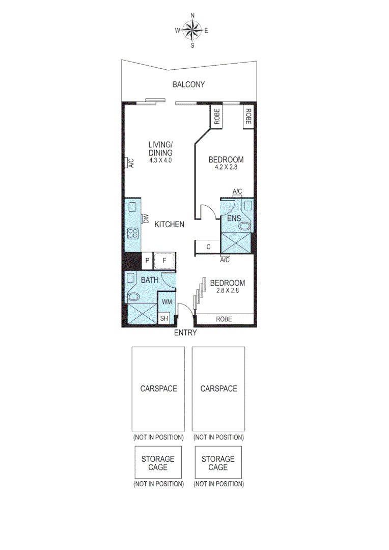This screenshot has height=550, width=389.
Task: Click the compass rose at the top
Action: pos(192,30)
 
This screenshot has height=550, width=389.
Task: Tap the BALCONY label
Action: pos(188,85)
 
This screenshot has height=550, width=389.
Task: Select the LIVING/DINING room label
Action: pos(160,148)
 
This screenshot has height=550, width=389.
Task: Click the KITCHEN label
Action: pos(170,224)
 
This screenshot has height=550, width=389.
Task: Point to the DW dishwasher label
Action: pos(145,219)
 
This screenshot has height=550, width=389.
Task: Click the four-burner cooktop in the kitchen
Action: pos(133,234)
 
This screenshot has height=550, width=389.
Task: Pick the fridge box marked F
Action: pos(164,261)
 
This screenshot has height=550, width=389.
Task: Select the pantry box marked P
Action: pos(147,261)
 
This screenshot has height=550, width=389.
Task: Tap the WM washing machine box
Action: pos(166,302)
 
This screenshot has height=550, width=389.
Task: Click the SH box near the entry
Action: pos(164,319)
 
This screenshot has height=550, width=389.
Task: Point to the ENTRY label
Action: pos(185,333)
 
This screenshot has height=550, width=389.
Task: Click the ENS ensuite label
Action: pos(234,219)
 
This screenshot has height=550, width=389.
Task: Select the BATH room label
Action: pos(150,280)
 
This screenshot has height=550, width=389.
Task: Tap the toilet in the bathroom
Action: pos(134,296)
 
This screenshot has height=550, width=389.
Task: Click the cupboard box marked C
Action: pos(208,247)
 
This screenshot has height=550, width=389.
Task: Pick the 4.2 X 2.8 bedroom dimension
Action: pos(226,167)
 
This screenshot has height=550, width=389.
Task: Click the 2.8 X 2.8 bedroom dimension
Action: pos(228,291)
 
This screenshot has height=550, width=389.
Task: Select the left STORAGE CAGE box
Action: pos(158,462)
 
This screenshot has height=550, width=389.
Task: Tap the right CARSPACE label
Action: pos(218,389)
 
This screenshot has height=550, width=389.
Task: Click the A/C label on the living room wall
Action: pos(130,163)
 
